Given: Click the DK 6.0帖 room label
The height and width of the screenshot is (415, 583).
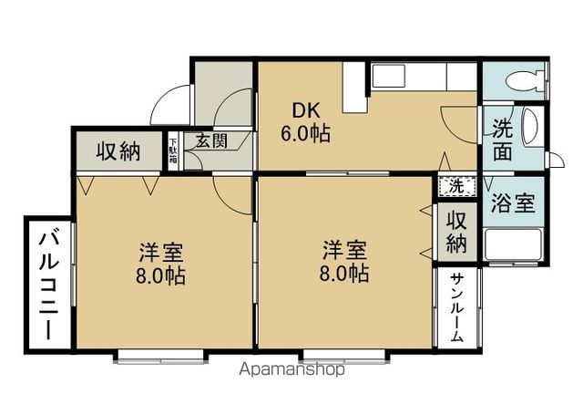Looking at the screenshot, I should point(304,122).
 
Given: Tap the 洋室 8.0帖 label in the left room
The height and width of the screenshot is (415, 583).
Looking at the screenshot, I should point(161,263).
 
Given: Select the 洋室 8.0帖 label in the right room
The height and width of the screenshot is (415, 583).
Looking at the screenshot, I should point(345,261).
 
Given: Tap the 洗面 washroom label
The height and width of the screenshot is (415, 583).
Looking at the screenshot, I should point(503,139).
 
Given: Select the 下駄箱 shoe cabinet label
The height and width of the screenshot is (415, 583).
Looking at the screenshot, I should point(172,151).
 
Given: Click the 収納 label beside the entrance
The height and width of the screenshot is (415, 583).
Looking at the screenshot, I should point(118,150).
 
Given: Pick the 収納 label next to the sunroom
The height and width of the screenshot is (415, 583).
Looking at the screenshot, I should point(456,232).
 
